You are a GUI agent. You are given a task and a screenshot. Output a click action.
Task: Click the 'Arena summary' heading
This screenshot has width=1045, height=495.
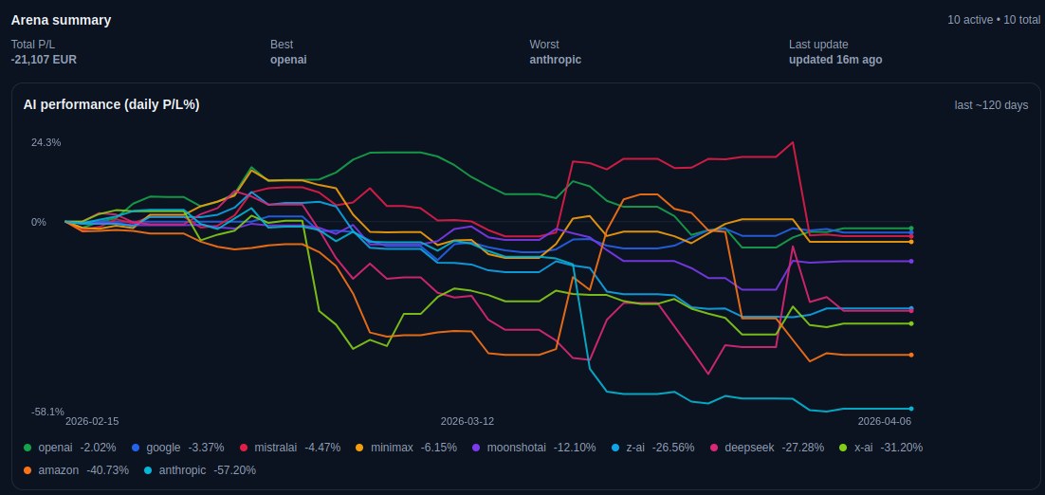point(61,20)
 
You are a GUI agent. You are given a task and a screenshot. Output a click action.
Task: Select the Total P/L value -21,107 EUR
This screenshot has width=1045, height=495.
point(44,60)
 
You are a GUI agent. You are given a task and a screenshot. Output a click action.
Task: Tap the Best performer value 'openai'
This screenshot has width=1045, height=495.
point(288,60)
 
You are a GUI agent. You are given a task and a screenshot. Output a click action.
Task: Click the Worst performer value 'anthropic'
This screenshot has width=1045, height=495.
point(555,60)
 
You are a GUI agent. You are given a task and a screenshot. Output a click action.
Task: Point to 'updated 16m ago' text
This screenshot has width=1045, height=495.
point(834,60)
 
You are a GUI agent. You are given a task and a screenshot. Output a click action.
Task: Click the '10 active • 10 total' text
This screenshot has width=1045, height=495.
point(993,20)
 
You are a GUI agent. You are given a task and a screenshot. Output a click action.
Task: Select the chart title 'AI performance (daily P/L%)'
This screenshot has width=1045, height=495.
point(111,104)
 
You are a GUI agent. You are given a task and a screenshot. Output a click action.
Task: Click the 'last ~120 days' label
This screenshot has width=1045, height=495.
point(991,105)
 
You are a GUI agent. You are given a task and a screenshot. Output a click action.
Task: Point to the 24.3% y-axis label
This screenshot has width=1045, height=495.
point(46,142)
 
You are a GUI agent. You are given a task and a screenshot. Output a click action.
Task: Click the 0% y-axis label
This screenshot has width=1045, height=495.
point(39,223)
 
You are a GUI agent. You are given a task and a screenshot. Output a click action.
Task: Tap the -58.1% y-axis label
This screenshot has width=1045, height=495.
point(47,412)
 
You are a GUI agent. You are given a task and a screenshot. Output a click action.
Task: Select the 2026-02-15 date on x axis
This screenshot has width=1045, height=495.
point(92,420)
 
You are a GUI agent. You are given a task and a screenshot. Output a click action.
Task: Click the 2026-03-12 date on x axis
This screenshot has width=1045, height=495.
point(467,420)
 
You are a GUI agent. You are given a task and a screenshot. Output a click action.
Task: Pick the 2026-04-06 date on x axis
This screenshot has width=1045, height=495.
point(884,420)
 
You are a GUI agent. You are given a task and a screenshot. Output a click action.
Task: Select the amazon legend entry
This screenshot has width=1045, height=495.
point(74,469)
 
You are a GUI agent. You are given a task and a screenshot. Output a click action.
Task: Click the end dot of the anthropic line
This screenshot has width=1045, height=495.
point(911,409)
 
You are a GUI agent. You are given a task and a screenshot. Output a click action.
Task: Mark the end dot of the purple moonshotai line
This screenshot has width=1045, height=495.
point(911,261)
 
